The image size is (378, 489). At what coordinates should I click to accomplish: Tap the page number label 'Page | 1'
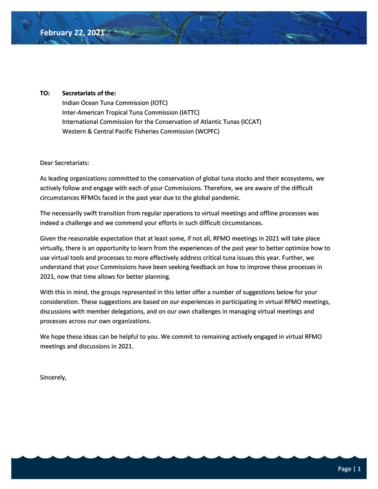(x=349, y=469)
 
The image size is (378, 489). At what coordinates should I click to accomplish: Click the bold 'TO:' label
(x=45, y=93)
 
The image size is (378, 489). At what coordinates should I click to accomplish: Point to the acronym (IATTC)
(x=189, y=112)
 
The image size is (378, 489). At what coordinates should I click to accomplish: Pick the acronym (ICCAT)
(x=251, y=122)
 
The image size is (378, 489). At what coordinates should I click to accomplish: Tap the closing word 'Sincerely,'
(x=53, y=377)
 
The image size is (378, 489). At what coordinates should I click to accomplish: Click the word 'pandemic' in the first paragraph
(x=226, y=197)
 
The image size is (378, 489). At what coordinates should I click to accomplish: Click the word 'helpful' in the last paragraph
(x=113, y=337)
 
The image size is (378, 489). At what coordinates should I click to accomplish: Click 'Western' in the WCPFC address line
(x=74, y=131)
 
